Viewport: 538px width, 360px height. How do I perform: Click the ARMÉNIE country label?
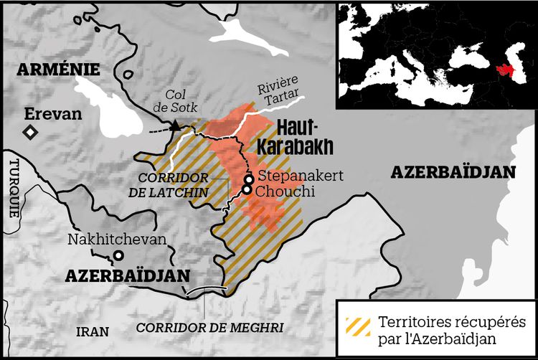60,69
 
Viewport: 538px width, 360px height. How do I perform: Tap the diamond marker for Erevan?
30,132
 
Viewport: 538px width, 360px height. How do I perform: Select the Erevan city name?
53,114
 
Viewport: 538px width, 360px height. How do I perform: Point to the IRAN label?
94,331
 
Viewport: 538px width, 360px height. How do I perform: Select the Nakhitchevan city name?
117,240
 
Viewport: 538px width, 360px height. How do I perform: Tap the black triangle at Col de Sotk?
174,126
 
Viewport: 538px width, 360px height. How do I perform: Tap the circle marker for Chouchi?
247,190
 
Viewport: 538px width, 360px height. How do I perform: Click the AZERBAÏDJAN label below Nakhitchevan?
127,275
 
